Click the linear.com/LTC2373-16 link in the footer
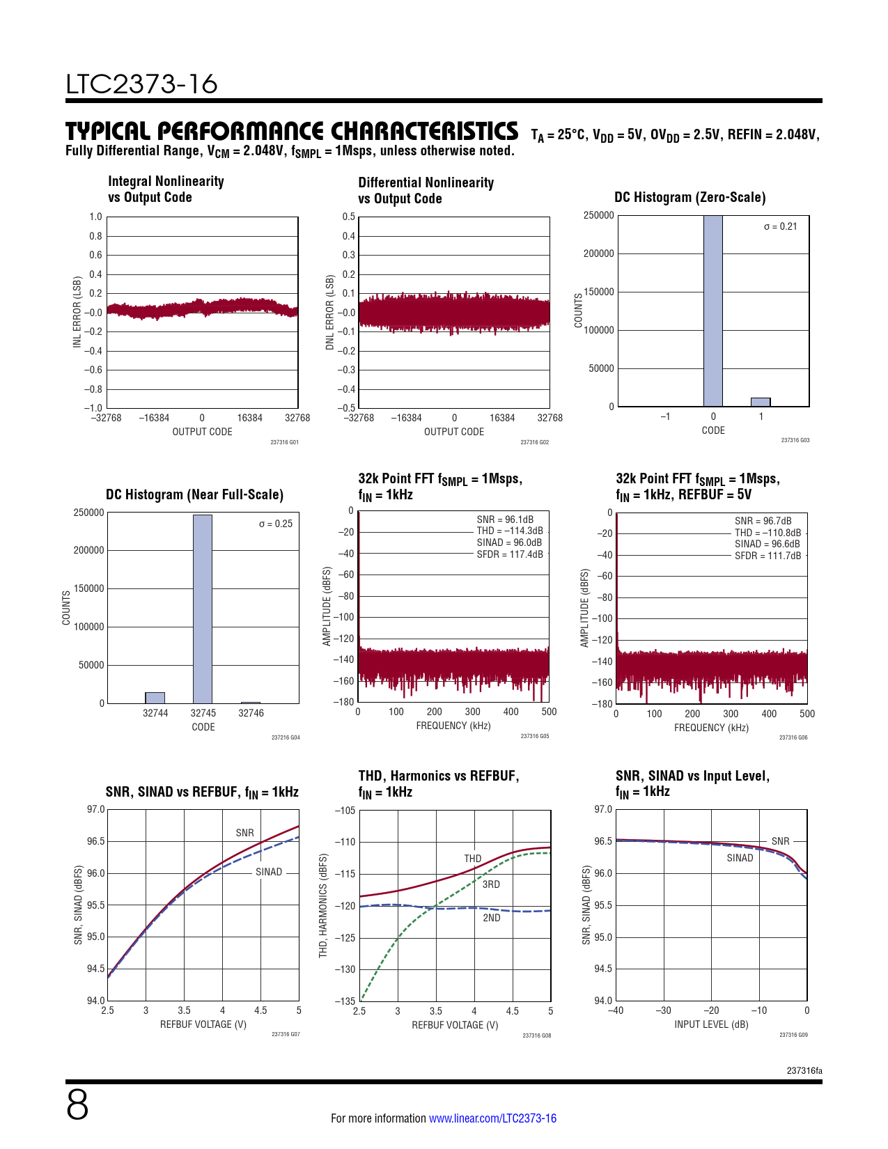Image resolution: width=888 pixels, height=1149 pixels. [492, 1118]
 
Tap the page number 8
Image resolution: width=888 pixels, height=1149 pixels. [77, 1105]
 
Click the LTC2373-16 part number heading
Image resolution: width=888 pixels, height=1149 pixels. [141, 84]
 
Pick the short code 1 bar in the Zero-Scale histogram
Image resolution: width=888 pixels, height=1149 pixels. [761, 402]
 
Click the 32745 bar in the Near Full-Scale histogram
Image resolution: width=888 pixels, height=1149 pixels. [203, 609]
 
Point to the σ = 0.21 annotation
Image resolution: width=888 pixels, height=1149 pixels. [780, 226]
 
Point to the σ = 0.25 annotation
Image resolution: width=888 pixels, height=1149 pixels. [276, 524]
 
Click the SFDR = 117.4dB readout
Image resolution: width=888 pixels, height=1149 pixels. [510, 554]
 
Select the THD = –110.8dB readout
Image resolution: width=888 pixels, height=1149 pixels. [768, 533]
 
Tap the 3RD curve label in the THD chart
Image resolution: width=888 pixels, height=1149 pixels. [491, 884]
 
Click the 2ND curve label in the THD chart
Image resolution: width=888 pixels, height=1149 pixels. [492, 918]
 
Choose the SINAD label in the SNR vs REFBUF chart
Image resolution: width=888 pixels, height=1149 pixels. [269, 872]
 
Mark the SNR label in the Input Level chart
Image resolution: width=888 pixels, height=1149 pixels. [780, 841]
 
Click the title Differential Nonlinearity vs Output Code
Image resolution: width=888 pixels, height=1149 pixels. [426, 190]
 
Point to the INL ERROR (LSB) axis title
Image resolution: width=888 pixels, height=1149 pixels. [77, 312]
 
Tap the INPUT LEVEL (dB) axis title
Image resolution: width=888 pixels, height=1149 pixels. [711, 1024]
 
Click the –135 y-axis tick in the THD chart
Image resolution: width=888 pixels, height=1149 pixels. [345, 1001]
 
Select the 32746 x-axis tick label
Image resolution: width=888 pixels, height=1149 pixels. [251, 713]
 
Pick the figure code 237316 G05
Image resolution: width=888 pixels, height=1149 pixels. [534, 736]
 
